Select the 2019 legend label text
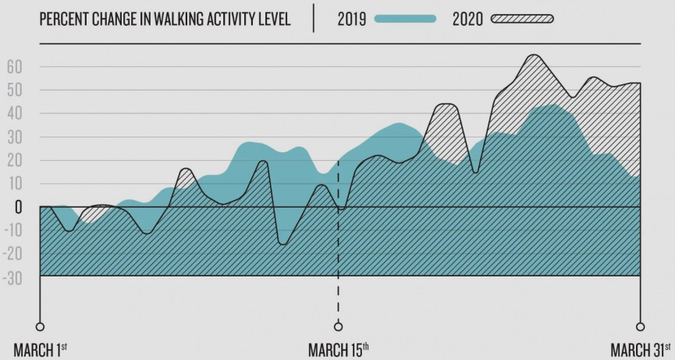[353, 20]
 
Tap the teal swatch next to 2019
[405, 20]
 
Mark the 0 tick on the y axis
[17, 208]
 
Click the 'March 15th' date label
[338, 348]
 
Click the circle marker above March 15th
[338, 326]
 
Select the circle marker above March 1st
[40, 326]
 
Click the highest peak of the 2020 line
[533, 55]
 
